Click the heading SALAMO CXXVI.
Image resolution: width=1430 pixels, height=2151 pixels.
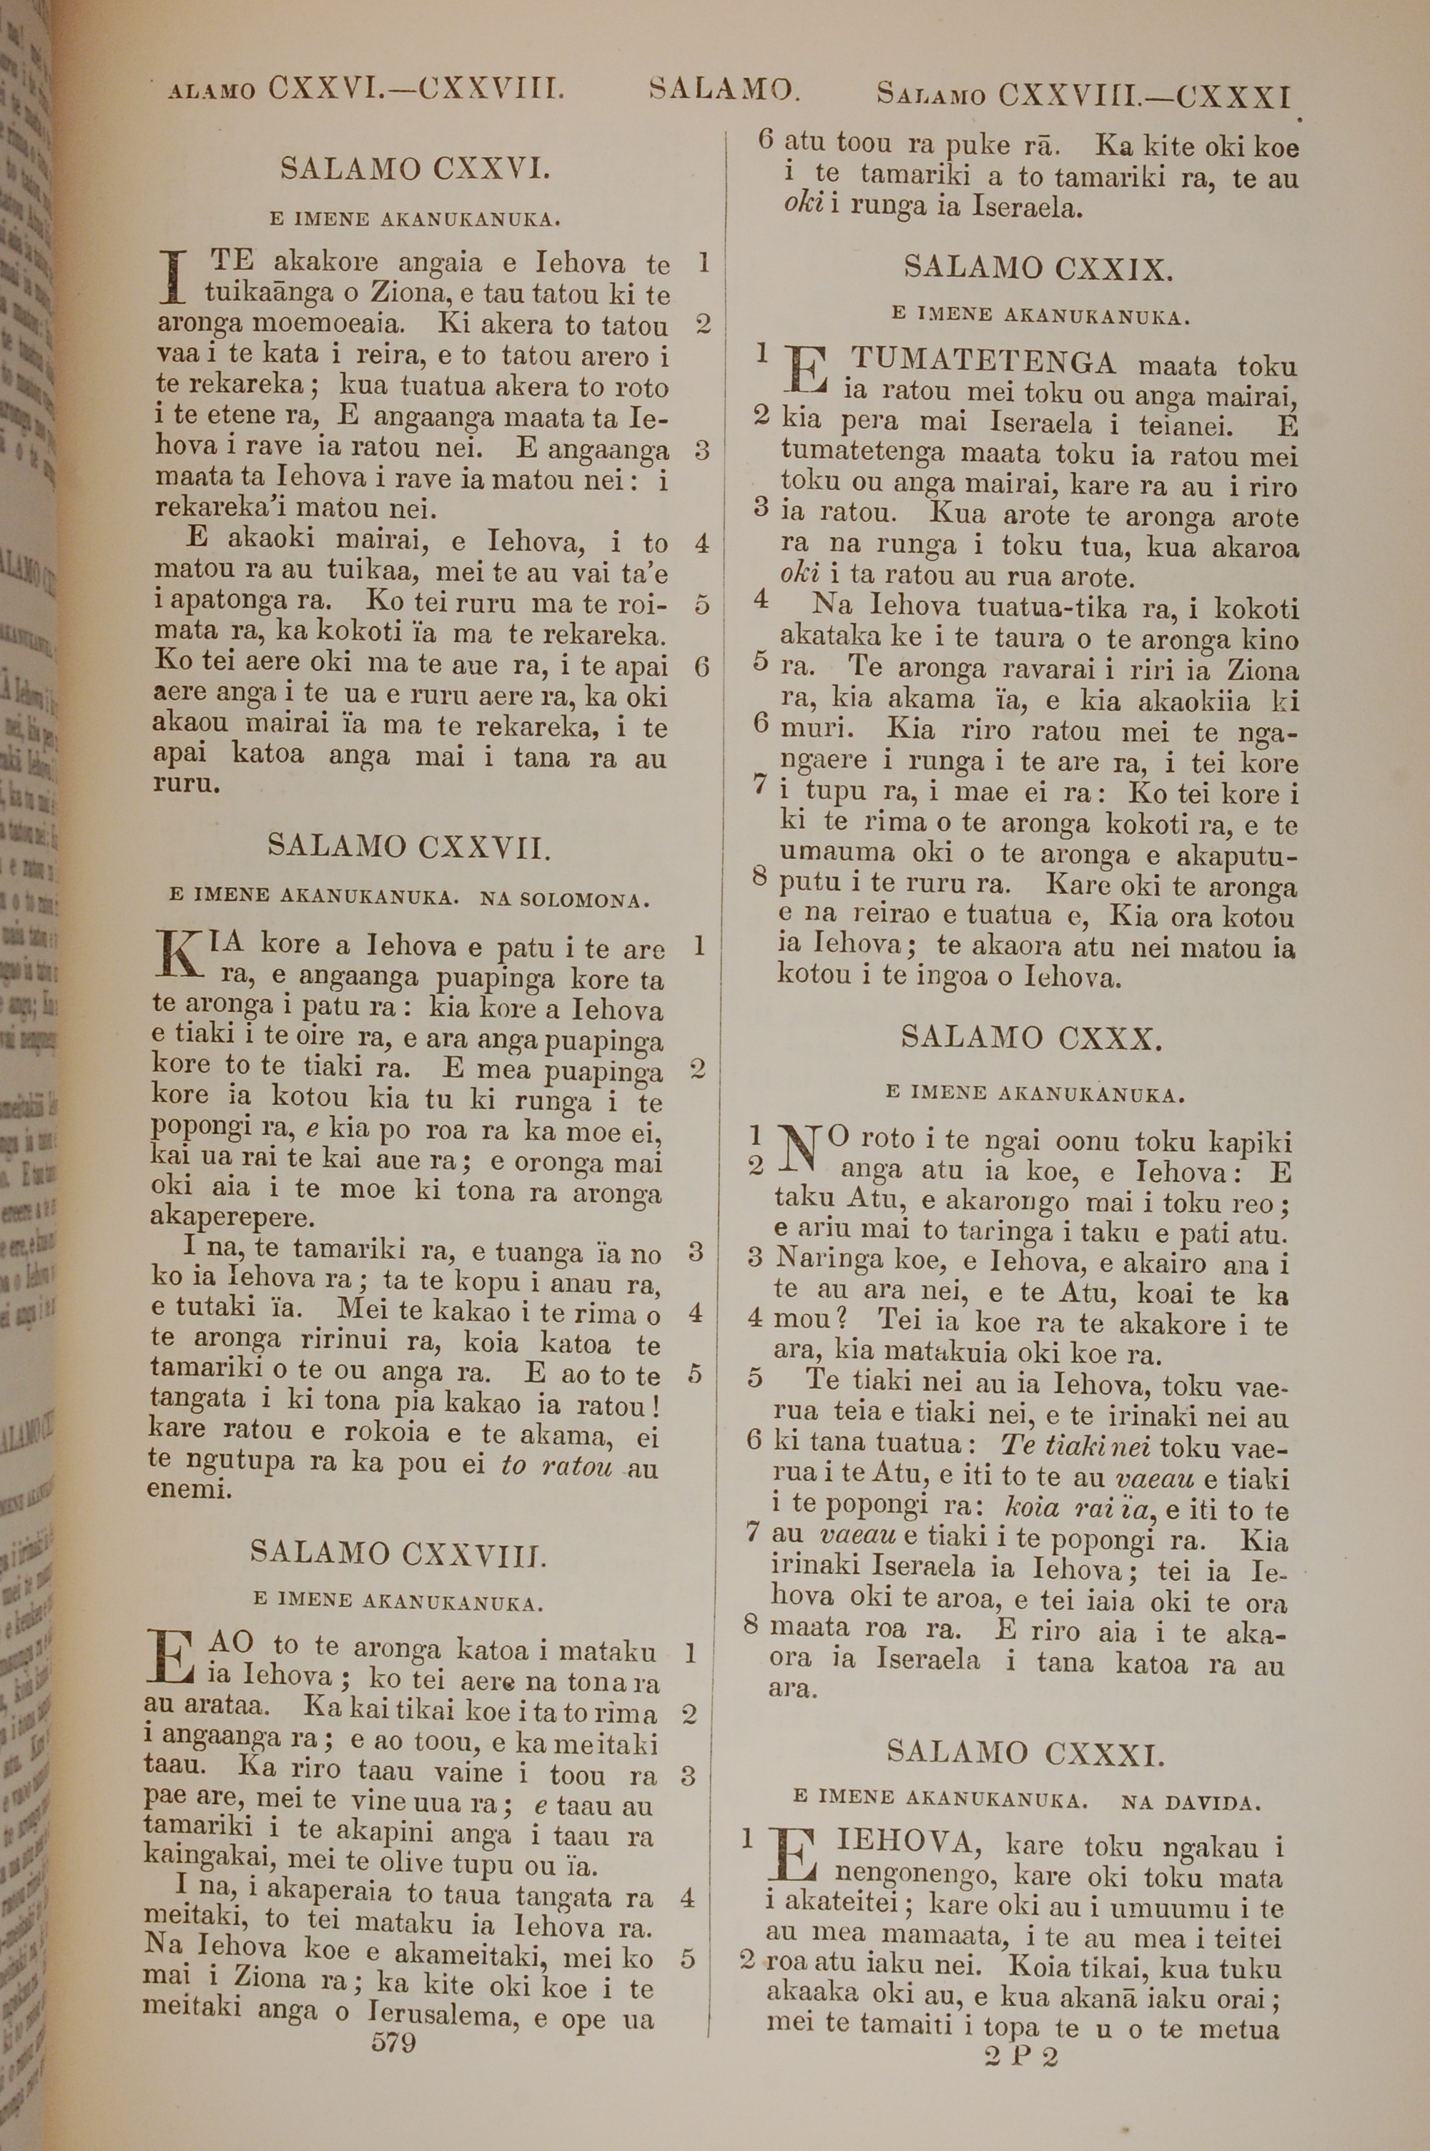[415, 169]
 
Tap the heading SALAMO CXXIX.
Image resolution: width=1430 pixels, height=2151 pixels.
[1039, 268]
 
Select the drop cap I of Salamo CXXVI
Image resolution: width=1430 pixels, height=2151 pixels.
[172, 277]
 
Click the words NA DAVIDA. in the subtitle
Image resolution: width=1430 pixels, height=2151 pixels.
[1191, 1802]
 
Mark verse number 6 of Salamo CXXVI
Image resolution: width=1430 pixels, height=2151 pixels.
[701, 666]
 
